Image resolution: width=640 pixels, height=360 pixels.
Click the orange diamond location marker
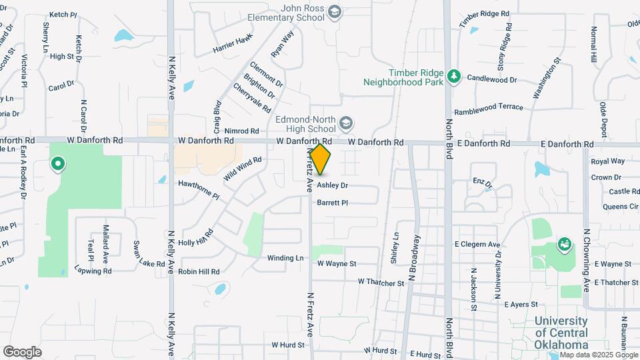tap(320, 160)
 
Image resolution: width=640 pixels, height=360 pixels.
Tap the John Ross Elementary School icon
tap(335, 11)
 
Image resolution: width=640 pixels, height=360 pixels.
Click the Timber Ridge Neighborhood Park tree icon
tap(454, 76)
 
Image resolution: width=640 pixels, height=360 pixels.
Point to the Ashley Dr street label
tap(332, 185)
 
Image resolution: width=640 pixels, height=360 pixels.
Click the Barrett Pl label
tap(333, 203)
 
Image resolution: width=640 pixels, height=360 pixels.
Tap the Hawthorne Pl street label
tap(198, 189)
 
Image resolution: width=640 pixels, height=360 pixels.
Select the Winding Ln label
tap(285, 258)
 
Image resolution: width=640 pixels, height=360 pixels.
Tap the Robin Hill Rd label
tap(199, 272)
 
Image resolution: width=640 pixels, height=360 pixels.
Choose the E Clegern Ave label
tap(477, 245)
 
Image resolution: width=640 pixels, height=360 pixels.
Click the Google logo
tap(22, 351)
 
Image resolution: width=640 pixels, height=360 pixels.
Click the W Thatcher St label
tap(381, 283)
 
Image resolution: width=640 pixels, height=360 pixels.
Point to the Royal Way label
tap(608, 161)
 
